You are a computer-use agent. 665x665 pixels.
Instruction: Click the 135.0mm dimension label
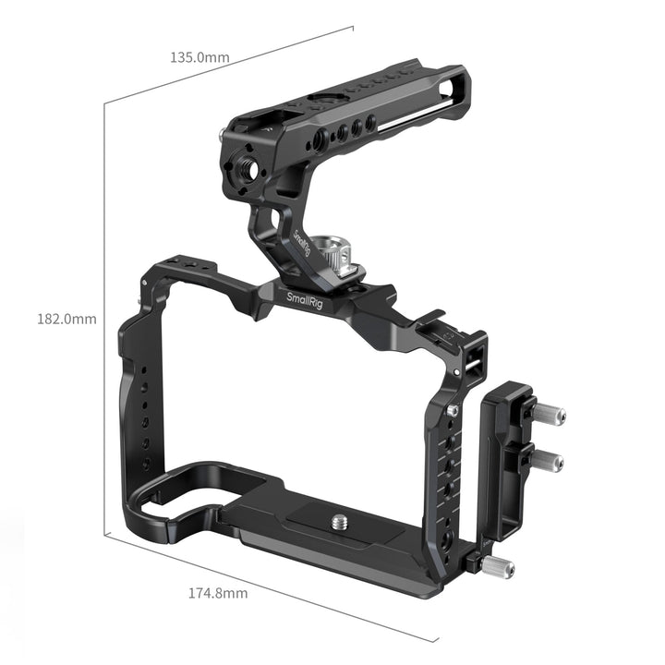pos(199,57)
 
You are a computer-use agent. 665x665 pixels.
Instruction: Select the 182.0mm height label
pos(66,319)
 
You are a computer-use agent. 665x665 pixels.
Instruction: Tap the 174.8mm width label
pos(218,593)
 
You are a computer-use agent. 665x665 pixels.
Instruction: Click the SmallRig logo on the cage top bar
pos(305,301)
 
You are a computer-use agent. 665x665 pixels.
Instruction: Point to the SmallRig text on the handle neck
pos(302,243)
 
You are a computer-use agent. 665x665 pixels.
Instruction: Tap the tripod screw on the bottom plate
pos(339,522)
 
